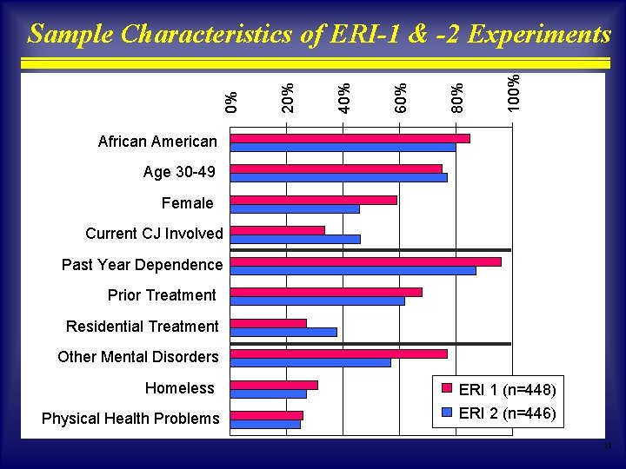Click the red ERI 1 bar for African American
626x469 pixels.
pos(350,138)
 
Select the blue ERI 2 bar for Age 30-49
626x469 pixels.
pos(338,178)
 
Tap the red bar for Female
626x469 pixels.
pos(313,200)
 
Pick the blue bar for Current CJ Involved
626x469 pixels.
pos(295,239)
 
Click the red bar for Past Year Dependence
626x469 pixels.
pos(365,261)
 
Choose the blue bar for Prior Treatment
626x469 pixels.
pos(316,301)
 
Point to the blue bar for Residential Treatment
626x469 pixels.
pos(283,332)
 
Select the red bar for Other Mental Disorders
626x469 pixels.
pos(338,353)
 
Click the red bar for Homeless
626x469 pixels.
pos(274,385)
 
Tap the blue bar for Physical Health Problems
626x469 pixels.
pos(265,424)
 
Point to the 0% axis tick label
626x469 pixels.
pos(232,102)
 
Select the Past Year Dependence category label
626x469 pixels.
pos(142,264)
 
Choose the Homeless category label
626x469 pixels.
pos(179,387)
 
